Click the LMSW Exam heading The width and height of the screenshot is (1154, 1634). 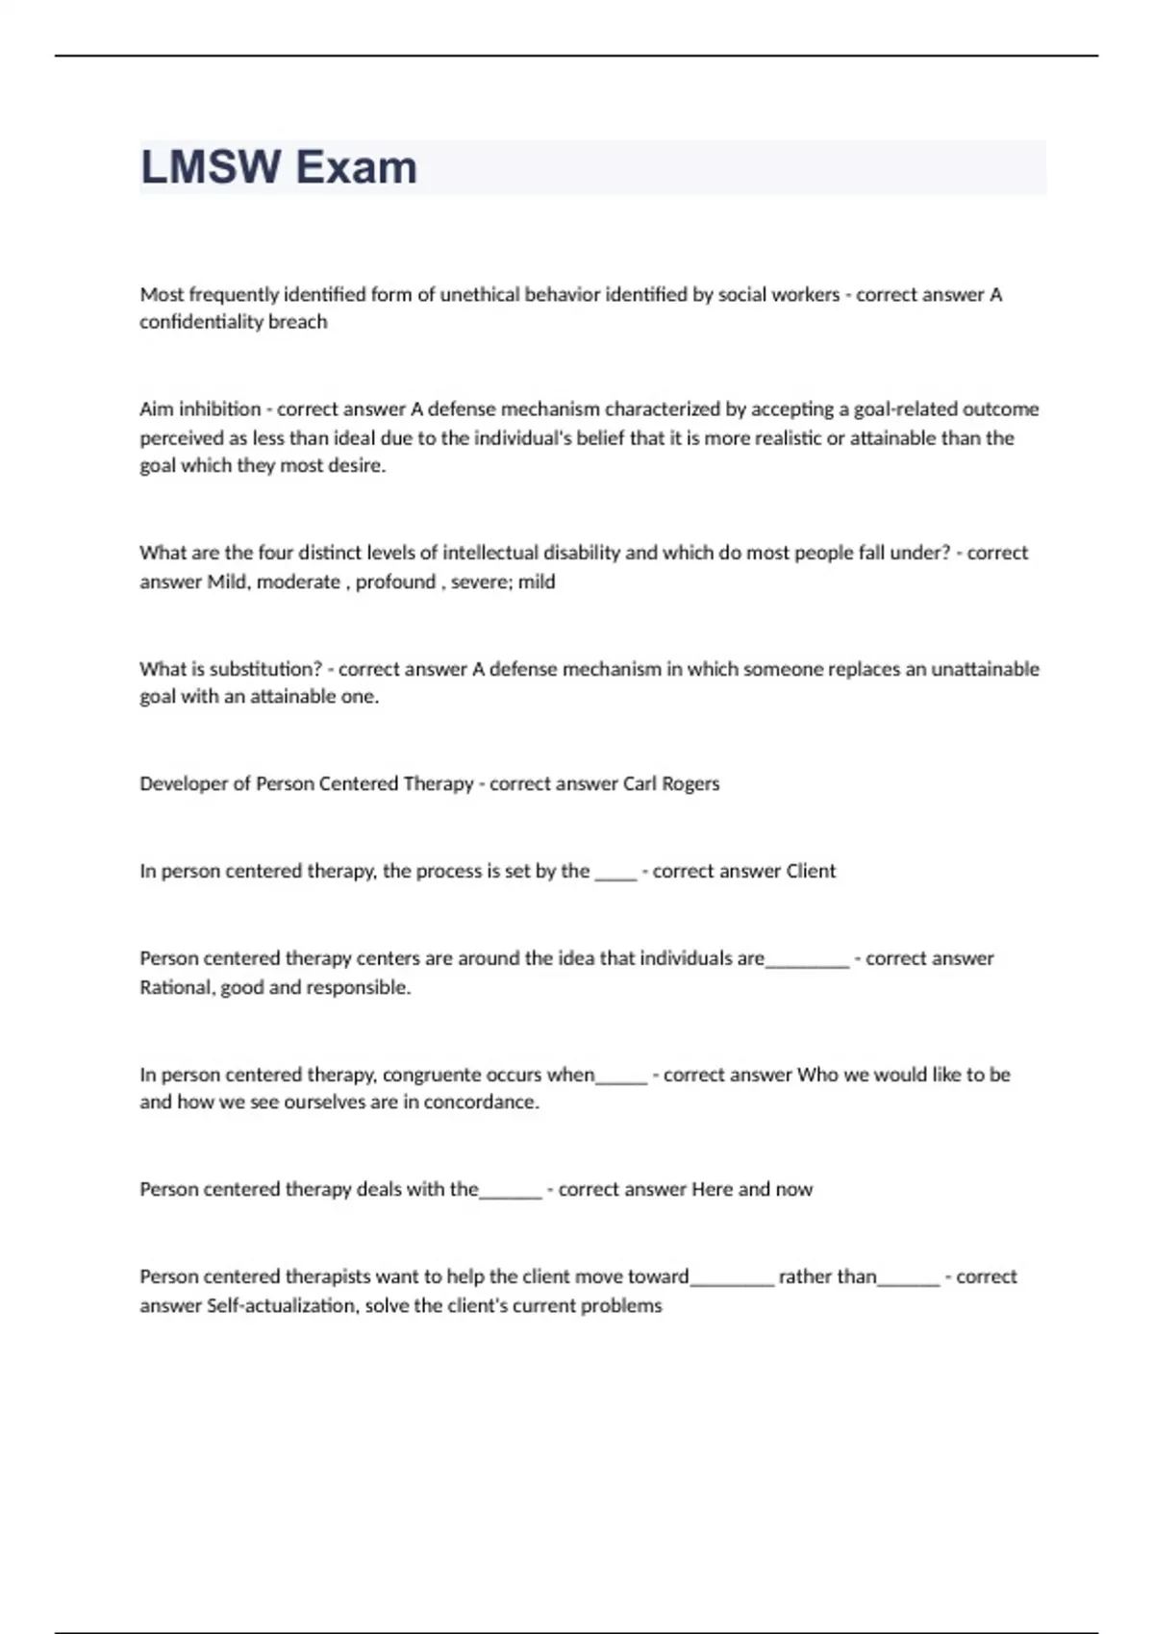[x=279, y=167]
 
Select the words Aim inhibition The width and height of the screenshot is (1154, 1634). [x=200, y=409]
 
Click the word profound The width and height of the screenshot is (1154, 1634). [x=395, y=582]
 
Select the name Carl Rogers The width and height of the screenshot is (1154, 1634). [x=671, y=783]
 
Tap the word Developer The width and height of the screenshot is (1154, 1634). [x=184, y=783]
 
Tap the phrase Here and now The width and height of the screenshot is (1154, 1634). [x=751, y=1190]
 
